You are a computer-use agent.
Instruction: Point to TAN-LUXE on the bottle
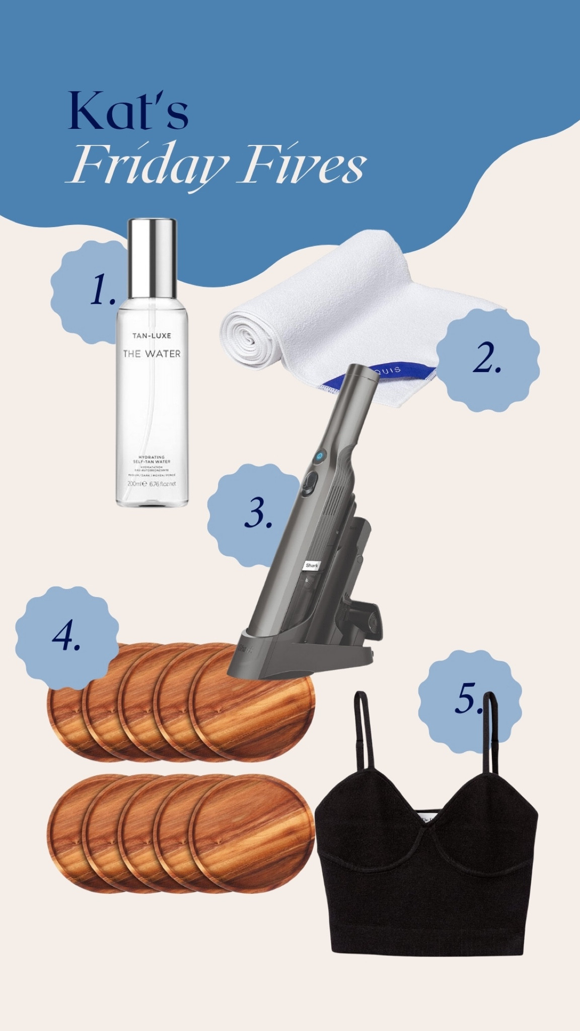[x=152, y=335]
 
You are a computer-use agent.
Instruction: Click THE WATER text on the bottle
[x=152, y=354]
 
